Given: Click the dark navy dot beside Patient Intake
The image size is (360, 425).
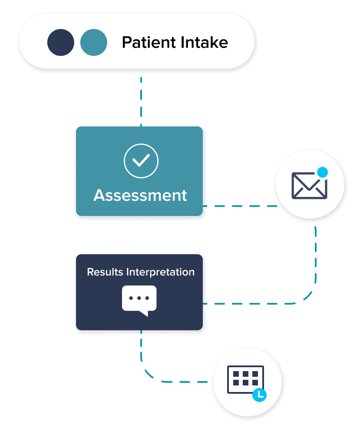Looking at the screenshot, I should coord(61,43).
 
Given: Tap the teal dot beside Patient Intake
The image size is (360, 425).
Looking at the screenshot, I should coord(94,43).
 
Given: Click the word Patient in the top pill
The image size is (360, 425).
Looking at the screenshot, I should coord(145,43).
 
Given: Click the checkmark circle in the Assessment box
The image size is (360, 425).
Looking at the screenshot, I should coord(141,161).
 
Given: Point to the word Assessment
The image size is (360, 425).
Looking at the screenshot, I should coord(140,195).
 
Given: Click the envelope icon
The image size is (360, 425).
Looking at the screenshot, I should coord(309,186).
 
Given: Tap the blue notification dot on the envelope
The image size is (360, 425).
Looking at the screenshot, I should coord(322,172).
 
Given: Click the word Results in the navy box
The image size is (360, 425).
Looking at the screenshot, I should coord(106,272).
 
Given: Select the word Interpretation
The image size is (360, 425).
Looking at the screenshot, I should coord(160,272).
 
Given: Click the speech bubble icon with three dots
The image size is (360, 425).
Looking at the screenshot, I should coord(139,299).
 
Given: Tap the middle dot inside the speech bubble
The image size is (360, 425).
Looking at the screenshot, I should coord(139,298).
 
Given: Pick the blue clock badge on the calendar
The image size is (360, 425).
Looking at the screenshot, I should coord(260,395).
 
